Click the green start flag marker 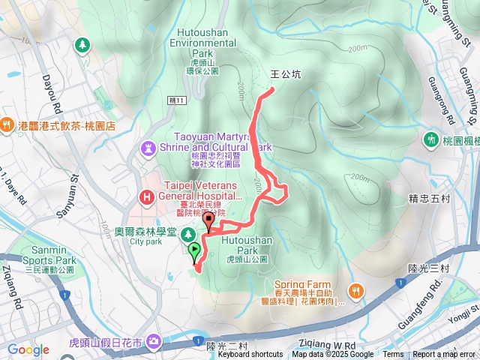click(x=194, y=250)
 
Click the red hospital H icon click(x=146, y=197)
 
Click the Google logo click(x=28, y=349)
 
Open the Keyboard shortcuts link click(x=250, y=355)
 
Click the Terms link click(x=393, y=355)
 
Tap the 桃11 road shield click(x=176, y=99)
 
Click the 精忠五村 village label click(x=429, y=199)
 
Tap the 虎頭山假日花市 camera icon click(x=154, y=340)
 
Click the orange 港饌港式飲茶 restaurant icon click(x=7, y=125)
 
